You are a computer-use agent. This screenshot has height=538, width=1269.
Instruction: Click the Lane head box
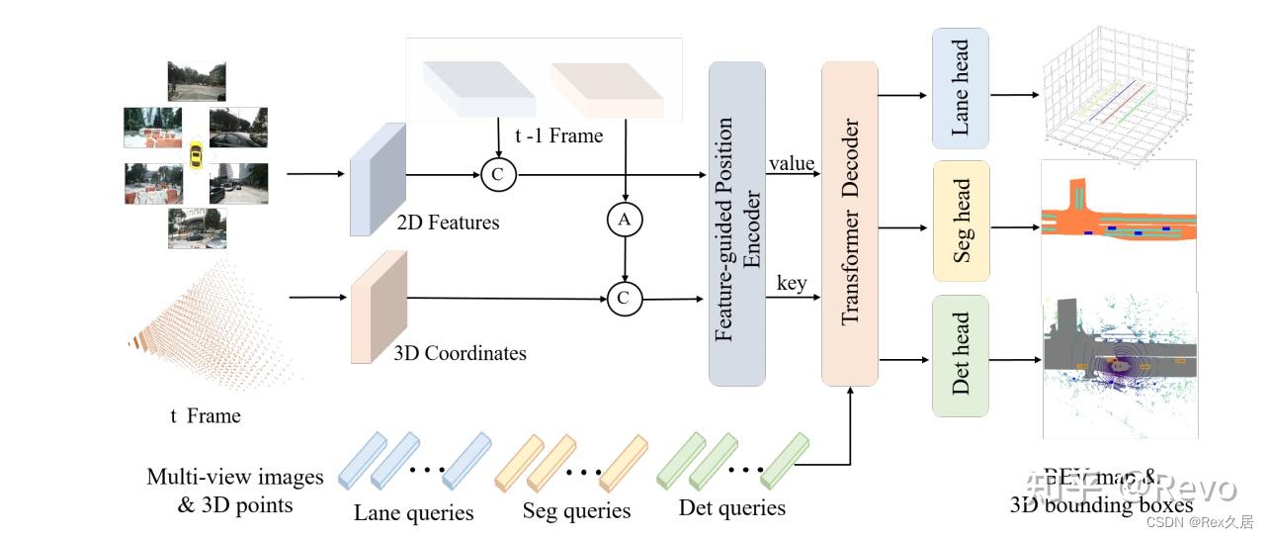coord(960,88)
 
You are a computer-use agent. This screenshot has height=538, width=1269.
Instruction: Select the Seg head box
coord(962,221)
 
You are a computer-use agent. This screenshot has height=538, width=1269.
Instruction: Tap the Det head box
coord(960,355)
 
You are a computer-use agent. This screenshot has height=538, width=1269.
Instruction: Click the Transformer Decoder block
coord(850,223)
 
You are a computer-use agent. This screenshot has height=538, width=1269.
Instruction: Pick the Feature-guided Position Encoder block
coord(736,223)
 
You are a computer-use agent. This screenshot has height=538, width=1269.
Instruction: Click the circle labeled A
coord(624,221)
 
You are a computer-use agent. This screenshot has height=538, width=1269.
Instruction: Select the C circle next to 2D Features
coord(498,175)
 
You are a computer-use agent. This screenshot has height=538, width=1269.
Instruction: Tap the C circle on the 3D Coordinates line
coord(625,299)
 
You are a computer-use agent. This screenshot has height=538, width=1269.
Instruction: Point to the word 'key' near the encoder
coord(791,284)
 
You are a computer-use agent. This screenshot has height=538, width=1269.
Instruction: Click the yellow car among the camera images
coord(196,155)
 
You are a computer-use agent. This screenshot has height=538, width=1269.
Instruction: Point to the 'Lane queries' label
coord(414,512)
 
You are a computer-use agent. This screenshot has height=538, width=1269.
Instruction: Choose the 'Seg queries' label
coord(576,511)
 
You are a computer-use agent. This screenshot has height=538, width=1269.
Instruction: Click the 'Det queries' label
coord(732,508)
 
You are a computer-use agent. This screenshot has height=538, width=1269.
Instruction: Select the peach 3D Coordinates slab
coord(379,308)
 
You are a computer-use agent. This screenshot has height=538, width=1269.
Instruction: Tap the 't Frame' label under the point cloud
coord(205,415)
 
